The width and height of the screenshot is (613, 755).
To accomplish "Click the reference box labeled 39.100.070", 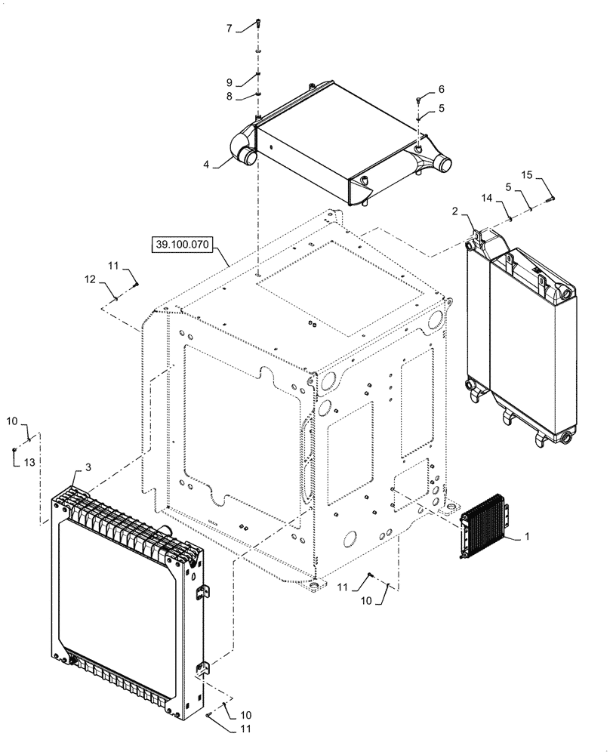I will pos(184,245).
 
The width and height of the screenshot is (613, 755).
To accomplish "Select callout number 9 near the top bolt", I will pos(229,82).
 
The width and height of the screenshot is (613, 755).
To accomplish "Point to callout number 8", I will pos(229,97).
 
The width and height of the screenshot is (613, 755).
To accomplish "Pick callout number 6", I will pos(442,89).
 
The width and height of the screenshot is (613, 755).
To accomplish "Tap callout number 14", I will pos(487,197).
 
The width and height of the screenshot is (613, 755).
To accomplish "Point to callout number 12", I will pos(89,279).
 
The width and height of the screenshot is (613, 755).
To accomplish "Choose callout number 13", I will pos(29,461).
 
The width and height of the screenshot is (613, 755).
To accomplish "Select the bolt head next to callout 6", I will pos(418,98).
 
